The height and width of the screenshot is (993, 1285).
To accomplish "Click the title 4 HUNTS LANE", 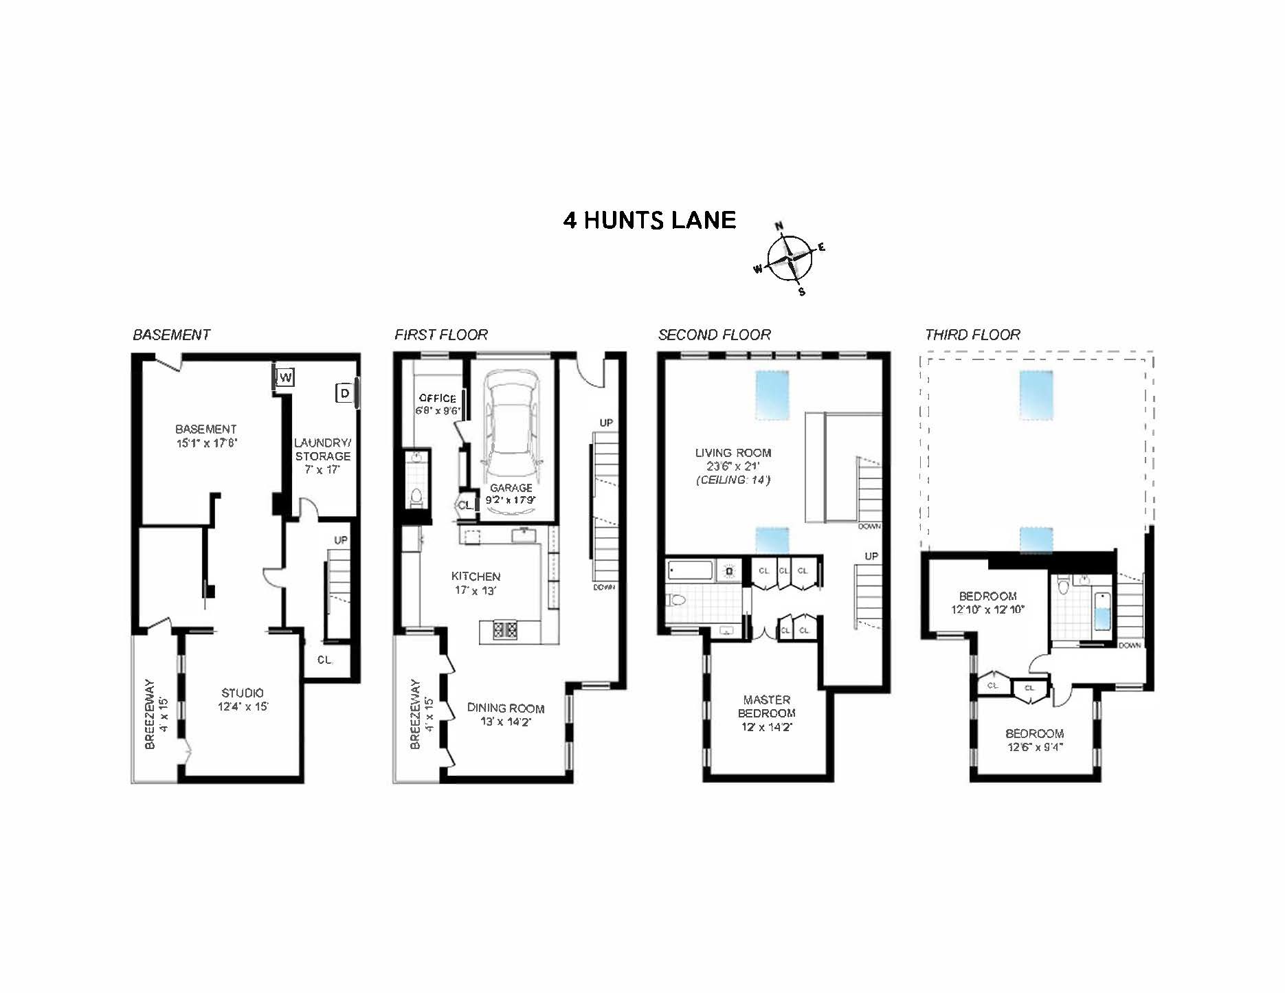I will tap(649, 220).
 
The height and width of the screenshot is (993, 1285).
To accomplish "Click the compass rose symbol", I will tap(790, 258).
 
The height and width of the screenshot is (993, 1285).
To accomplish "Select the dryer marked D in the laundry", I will tap(345, 393).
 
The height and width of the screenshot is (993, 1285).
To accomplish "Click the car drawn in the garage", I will tap(511, 429).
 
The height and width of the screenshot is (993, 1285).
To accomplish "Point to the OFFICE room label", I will tap(438, 398).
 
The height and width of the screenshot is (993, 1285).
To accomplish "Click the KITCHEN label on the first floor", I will tap(476, 577).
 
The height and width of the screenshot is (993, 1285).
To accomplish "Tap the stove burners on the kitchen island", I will tap(505, 628).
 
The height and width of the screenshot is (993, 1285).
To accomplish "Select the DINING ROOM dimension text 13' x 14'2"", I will tap(506, 722).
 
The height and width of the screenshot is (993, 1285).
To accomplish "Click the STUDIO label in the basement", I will tap(242, 693).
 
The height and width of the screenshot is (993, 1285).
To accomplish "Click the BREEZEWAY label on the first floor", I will tap(414, 715).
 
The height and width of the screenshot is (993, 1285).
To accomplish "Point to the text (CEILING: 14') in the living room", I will tap(733, 480).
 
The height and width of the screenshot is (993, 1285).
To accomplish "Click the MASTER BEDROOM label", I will tap(766, 706).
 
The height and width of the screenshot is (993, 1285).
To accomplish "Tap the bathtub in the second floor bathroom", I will tap(691, 570).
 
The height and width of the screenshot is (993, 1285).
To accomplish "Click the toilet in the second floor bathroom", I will tap(678, 601).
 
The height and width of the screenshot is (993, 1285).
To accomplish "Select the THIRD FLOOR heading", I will tap(972, 335).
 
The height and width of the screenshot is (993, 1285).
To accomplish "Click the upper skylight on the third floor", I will tap(1036, 394).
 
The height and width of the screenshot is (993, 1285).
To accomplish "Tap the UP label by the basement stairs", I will tap(341, 540).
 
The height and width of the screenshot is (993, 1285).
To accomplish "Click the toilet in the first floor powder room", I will tap(416, 496).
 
